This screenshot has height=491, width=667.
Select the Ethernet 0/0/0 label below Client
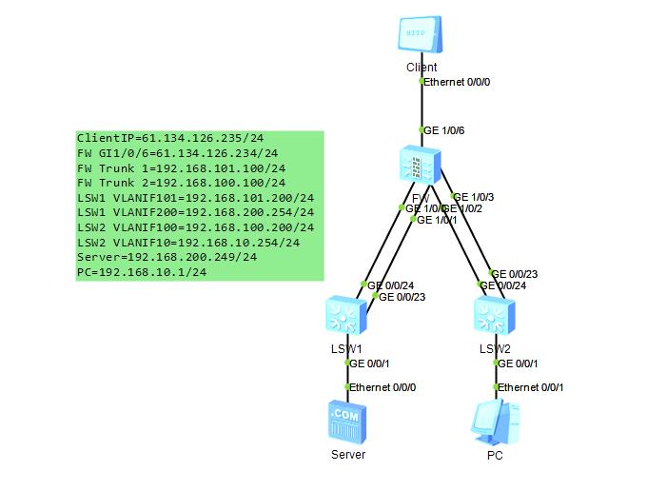point(457,82)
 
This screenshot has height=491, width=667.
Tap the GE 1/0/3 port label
point(473,198)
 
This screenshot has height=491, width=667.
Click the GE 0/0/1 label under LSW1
point(370,363)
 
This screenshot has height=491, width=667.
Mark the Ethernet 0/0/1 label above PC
point(531,387)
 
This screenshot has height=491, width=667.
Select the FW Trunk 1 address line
point(181,167)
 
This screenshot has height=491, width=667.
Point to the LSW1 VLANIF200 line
point(195,212)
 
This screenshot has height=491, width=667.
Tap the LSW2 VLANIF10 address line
point(188,243)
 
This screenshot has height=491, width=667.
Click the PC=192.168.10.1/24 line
point(142,272)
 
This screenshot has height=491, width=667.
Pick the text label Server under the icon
point(347,455)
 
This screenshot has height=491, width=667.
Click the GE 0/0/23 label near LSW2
point(514,274)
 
